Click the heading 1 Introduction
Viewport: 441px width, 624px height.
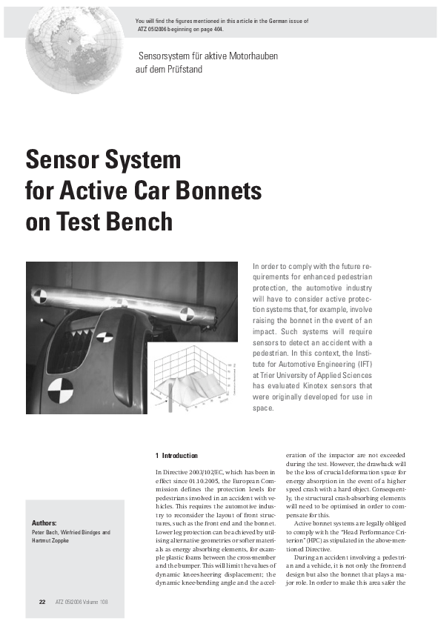(179, 454)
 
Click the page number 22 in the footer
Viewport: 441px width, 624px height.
(42, 601)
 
